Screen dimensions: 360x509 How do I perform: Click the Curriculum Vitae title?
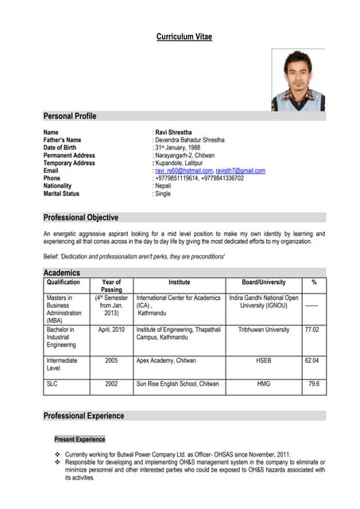(x=184, y=37)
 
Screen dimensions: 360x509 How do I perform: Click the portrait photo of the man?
(x=297, y=80)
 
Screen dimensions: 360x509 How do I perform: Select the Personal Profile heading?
(x=70, y=116)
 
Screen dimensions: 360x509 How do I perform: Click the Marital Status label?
(x=61, y=194)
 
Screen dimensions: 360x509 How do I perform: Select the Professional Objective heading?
(x=81, y=217)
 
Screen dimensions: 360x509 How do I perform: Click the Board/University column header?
(x=263, y=282)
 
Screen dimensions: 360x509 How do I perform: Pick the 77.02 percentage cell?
(x=312, y=329)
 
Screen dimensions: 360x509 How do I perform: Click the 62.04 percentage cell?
(x=312, y=360)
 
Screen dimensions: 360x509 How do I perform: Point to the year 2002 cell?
(x=111, y=383)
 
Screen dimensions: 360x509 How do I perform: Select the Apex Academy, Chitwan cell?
(x=168, y=360)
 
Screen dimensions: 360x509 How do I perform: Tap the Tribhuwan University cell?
(x=263, y=329)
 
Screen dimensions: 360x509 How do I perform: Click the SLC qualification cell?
(x=53, y=383)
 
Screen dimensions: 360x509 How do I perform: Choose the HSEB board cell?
(x=263, y=360)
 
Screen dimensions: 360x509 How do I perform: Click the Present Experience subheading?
(x=79, y=439)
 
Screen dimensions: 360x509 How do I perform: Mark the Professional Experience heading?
(x=83, y=416)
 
